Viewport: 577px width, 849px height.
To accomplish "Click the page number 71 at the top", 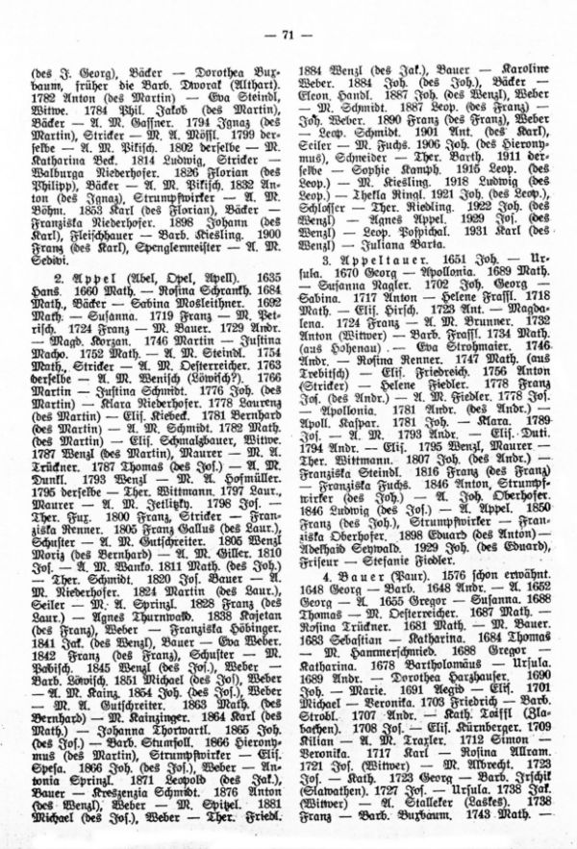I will (x=288, y=37).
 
